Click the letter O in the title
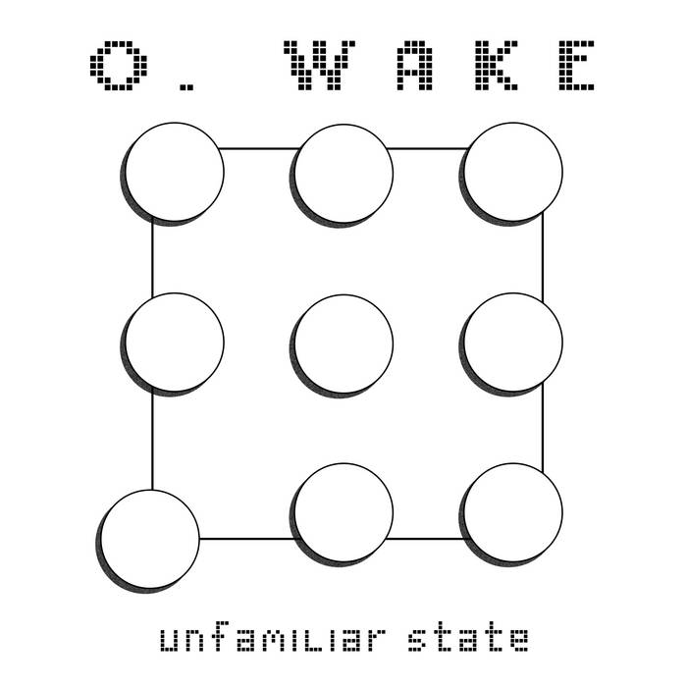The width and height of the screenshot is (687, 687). (119, 66)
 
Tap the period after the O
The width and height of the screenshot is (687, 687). (186, 86)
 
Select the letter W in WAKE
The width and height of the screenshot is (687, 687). (319, 66)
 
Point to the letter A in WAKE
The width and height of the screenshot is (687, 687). (414, 66)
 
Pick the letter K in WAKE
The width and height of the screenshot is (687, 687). (497, 66)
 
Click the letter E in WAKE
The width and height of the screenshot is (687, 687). (576, 66)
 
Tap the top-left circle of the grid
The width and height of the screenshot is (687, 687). (175, 172)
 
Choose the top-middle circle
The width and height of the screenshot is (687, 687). (343, 174)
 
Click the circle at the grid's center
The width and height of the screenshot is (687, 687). (343, 343)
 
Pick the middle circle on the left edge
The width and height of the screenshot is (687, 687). (175, 343)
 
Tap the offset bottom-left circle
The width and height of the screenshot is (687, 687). (150, 539)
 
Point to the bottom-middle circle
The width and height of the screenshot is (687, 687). (343, 512)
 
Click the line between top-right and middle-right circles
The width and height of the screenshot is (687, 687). (543, 257)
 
